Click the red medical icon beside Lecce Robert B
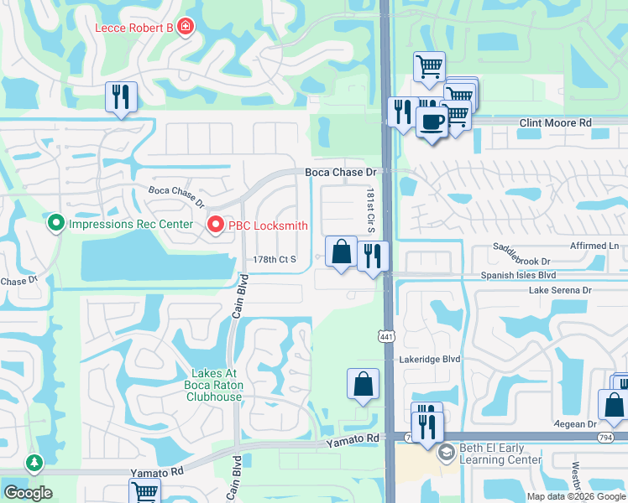(185, 28)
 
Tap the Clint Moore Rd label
(555, 122)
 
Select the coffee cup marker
(432, 121)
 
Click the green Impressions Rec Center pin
(56, 224)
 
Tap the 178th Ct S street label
(275, 260)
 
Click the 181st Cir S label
(369, 211)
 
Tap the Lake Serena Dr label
(560, 290)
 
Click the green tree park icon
(34, 462)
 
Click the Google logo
(28, 493)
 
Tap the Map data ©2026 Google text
(576, 496)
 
